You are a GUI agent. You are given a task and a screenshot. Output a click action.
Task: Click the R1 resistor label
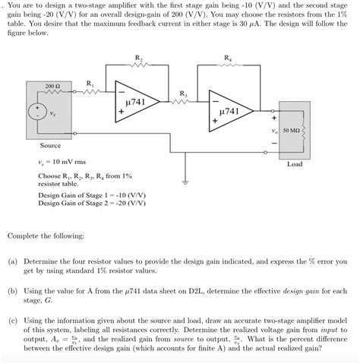click(90, 82)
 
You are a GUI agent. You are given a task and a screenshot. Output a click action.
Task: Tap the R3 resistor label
click(183, 93)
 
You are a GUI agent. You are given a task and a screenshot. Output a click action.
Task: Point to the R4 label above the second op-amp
click(227, 59)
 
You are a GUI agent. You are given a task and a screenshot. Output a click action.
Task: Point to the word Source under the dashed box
click(50, 145)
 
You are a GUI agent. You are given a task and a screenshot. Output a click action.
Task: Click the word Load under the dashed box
click(295, 163)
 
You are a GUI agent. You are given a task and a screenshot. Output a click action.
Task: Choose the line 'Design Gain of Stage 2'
click(84, 204)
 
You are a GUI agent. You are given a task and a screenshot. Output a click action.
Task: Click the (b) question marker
click(13, 291)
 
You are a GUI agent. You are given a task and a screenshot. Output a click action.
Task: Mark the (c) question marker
click(13, 321)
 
